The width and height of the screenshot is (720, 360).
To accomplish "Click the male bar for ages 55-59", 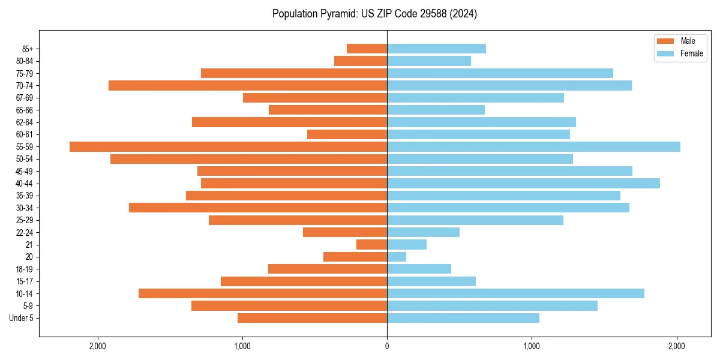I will click(228, 147).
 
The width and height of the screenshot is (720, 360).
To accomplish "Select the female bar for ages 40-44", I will click(523, 184).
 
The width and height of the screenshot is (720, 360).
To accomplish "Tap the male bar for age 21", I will click(371, 245).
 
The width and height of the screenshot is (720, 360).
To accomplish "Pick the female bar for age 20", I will click(397, 257).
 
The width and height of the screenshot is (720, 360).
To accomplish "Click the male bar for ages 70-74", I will click(248, 86).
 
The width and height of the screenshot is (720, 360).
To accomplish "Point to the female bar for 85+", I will click(436, 49).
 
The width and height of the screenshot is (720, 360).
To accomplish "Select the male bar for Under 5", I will click(312, 318).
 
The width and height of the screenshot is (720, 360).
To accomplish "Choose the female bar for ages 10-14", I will click(515, 293).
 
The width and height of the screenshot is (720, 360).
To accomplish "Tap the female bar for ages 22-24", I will click(423, 232).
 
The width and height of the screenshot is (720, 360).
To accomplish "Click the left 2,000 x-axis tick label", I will click(97, 347).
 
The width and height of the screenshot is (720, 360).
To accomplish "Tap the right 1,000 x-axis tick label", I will click(532, 347).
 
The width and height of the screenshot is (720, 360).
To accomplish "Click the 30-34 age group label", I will click(25, 208).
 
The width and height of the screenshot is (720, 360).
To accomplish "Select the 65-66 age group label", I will click(25, 110).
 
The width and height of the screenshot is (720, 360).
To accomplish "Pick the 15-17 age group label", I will click(25, 281).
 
